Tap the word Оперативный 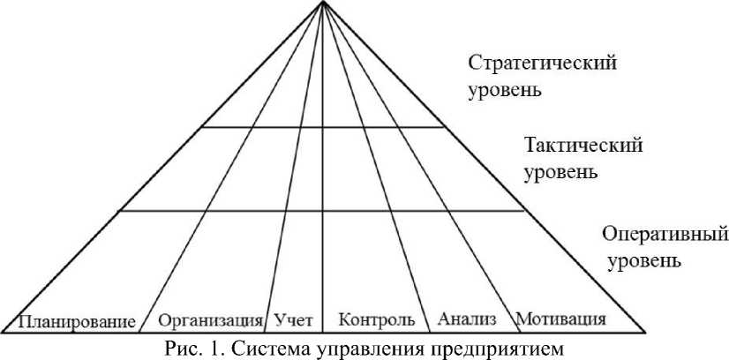(x=665, y=235)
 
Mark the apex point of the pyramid (x=323, y=3)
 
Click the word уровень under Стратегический (x=506, y=90)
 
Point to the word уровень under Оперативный (x=643, y=261)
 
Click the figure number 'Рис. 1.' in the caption (x=192, y=346)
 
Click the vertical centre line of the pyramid (x=323, y=176)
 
